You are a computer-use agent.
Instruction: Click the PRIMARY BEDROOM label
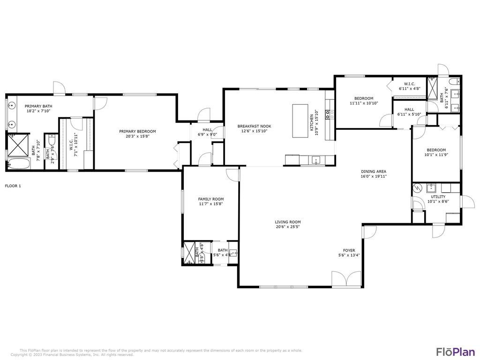[137, 131]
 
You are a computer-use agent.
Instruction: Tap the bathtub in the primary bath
[18, 164]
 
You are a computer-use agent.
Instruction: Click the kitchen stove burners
[330, 112]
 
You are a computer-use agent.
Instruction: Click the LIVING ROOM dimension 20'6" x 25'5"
[288, 227]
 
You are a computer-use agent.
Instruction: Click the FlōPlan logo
[450, 352]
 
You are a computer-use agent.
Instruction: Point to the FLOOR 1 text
[13, 186]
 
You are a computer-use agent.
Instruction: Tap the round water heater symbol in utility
[418, 188]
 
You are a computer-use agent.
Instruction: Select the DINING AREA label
[374, 172]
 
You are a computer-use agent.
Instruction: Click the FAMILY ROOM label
[210, 199]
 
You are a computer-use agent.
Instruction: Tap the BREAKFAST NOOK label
[254, 126]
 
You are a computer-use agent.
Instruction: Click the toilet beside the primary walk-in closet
[52, 142]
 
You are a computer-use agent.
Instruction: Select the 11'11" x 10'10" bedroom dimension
[364, 103]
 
